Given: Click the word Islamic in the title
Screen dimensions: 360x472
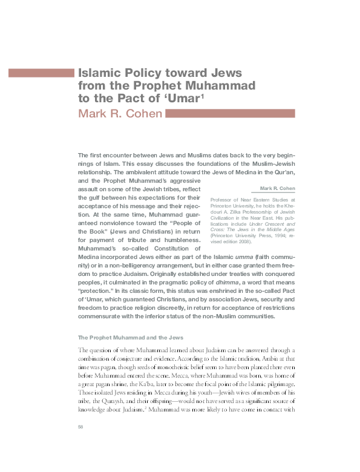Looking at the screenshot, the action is pos(101,73).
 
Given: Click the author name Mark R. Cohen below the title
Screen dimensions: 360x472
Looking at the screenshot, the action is pos(120,114).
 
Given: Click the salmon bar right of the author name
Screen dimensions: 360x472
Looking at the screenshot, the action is pos(231,113).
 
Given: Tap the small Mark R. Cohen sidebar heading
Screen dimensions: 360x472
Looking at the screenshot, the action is pos(277,189).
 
